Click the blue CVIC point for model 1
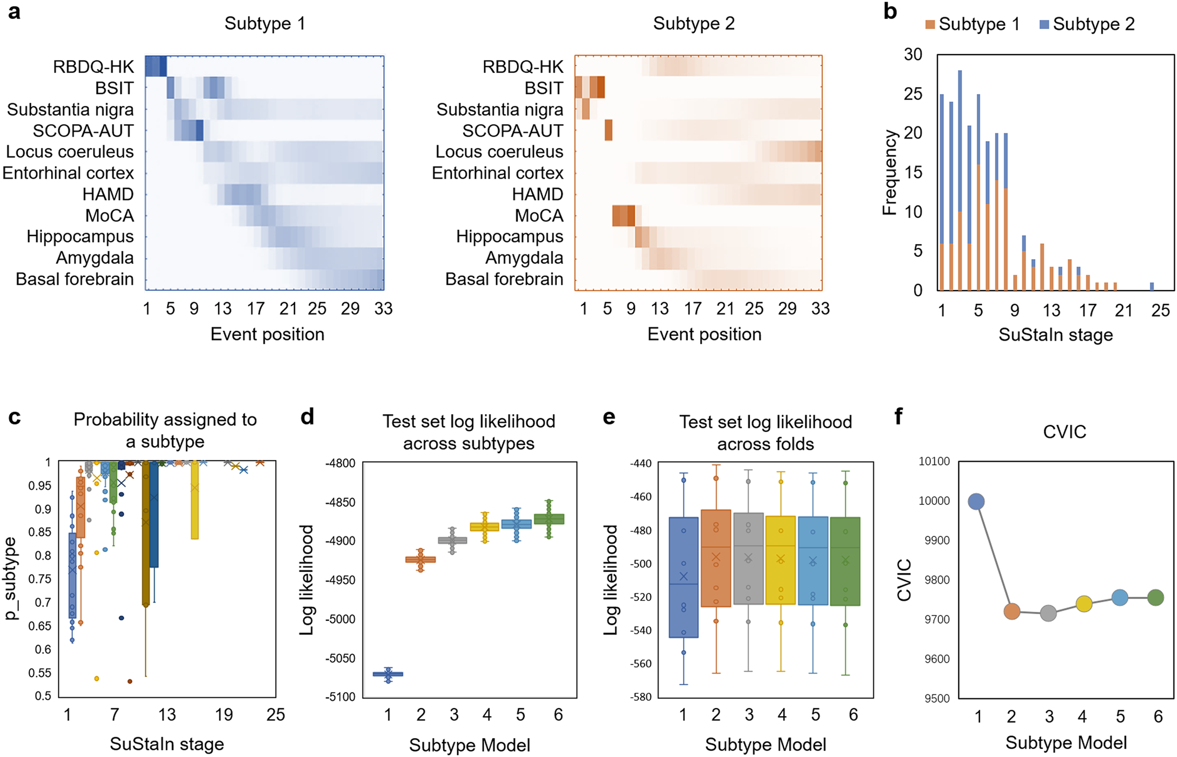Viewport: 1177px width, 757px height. [976, 501]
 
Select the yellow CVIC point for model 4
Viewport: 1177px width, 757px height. [1084, 604]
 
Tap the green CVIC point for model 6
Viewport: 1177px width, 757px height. [1155, 597]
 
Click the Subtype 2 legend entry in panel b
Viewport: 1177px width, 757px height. [1087, 24]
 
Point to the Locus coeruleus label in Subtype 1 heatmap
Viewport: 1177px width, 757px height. [69, 152]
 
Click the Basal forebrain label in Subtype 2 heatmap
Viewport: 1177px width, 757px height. [505, 279]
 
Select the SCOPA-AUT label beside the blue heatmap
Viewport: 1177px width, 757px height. [83, 131]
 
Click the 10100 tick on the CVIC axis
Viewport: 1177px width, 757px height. [934, 461]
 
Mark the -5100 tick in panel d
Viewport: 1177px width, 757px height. [340, 697]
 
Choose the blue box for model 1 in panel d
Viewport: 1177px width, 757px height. [388, 674]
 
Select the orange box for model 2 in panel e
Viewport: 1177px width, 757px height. [716, 558]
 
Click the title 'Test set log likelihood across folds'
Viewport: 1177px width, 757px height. [765, 432]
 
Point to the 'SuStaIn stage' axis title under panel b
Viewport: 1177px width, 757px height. [1055, 335]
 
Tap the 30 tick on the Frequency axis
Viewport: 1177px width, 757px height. [913, 55]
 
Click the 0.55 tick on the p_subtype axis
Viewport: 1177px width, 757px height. [40, 673]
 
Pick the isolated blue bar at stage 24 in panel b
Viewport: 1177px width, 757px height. [1152, 286]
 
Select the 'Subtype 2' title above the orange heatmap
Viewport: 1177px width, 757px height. [694, 24]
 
